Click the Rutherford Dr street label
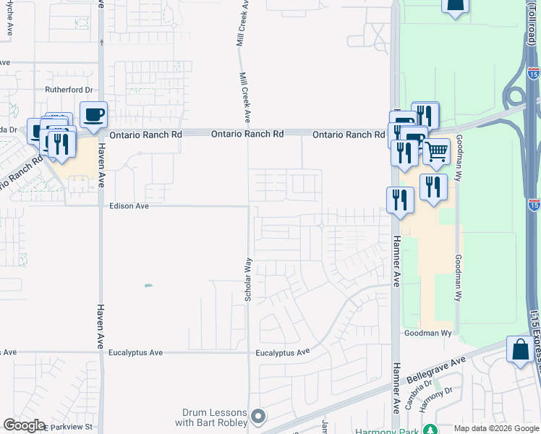[x=71, y=90]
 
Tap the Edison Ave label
[x=129, y=206]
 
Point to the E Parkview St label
[x=69, y=427]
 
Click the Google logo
[x=23, y=426]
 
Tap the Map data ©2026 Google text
[x=496, y=428]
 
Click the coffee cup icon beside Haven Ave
[x=93, y=114]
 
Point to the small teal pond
[x=148, y=285]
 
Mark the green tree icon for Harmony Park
[x=430, y=430]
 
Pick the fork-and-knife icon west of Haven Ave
[x=62, y=144]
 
